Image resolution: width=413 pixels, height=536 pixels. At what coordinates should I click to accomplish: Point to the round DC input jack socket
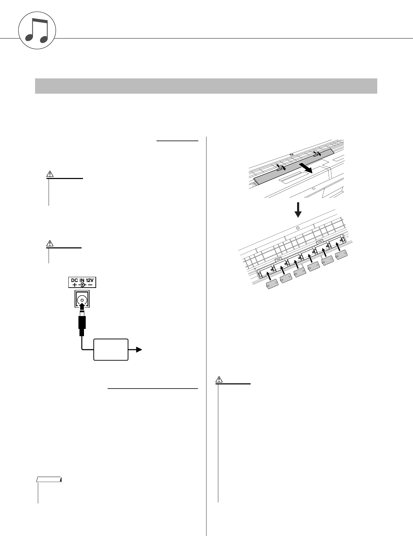point(82,299)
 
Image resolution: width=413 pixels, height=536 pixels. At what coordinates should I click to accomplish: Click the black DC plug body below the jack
point(82,322)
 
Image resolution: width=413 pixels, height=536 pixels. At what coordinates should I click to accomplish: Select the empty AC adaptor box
point(111,350)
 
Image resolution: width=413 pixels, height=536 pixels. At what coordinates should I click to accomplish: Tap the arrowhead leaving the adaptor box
point(138,350)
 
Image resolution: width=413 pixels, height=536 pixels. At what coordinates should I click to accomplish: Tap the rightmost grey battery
point(342,255)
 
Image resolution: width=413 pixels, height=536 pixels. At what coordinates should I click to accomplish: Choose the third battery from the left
point(300,273)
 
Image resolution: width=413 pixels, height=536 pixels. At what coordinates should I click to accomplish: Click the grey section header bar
point(206,86)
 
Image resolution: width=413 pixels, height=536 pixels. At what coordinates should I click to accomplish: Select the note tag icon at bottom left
point(49,480)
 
